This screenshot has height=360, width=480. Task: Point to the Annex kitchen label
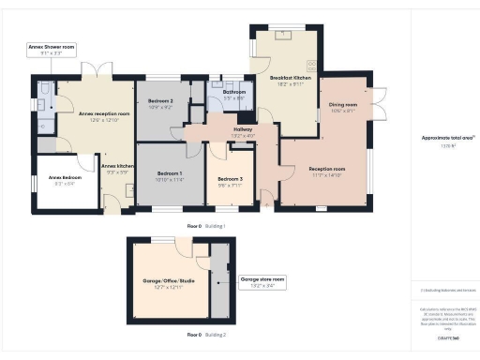coord(119,169)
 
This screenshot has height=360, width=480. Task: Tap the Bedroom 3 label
coord(230,181)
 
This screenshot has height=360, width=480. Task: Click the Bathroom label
coord(233,95)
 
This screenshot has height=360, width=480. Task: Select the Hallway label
coord(243,132)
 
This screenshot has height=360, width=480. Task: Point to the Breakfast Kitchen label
coord(284,80)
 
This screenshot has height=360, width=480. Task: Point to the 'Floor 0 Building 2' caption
coord(205,335)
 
